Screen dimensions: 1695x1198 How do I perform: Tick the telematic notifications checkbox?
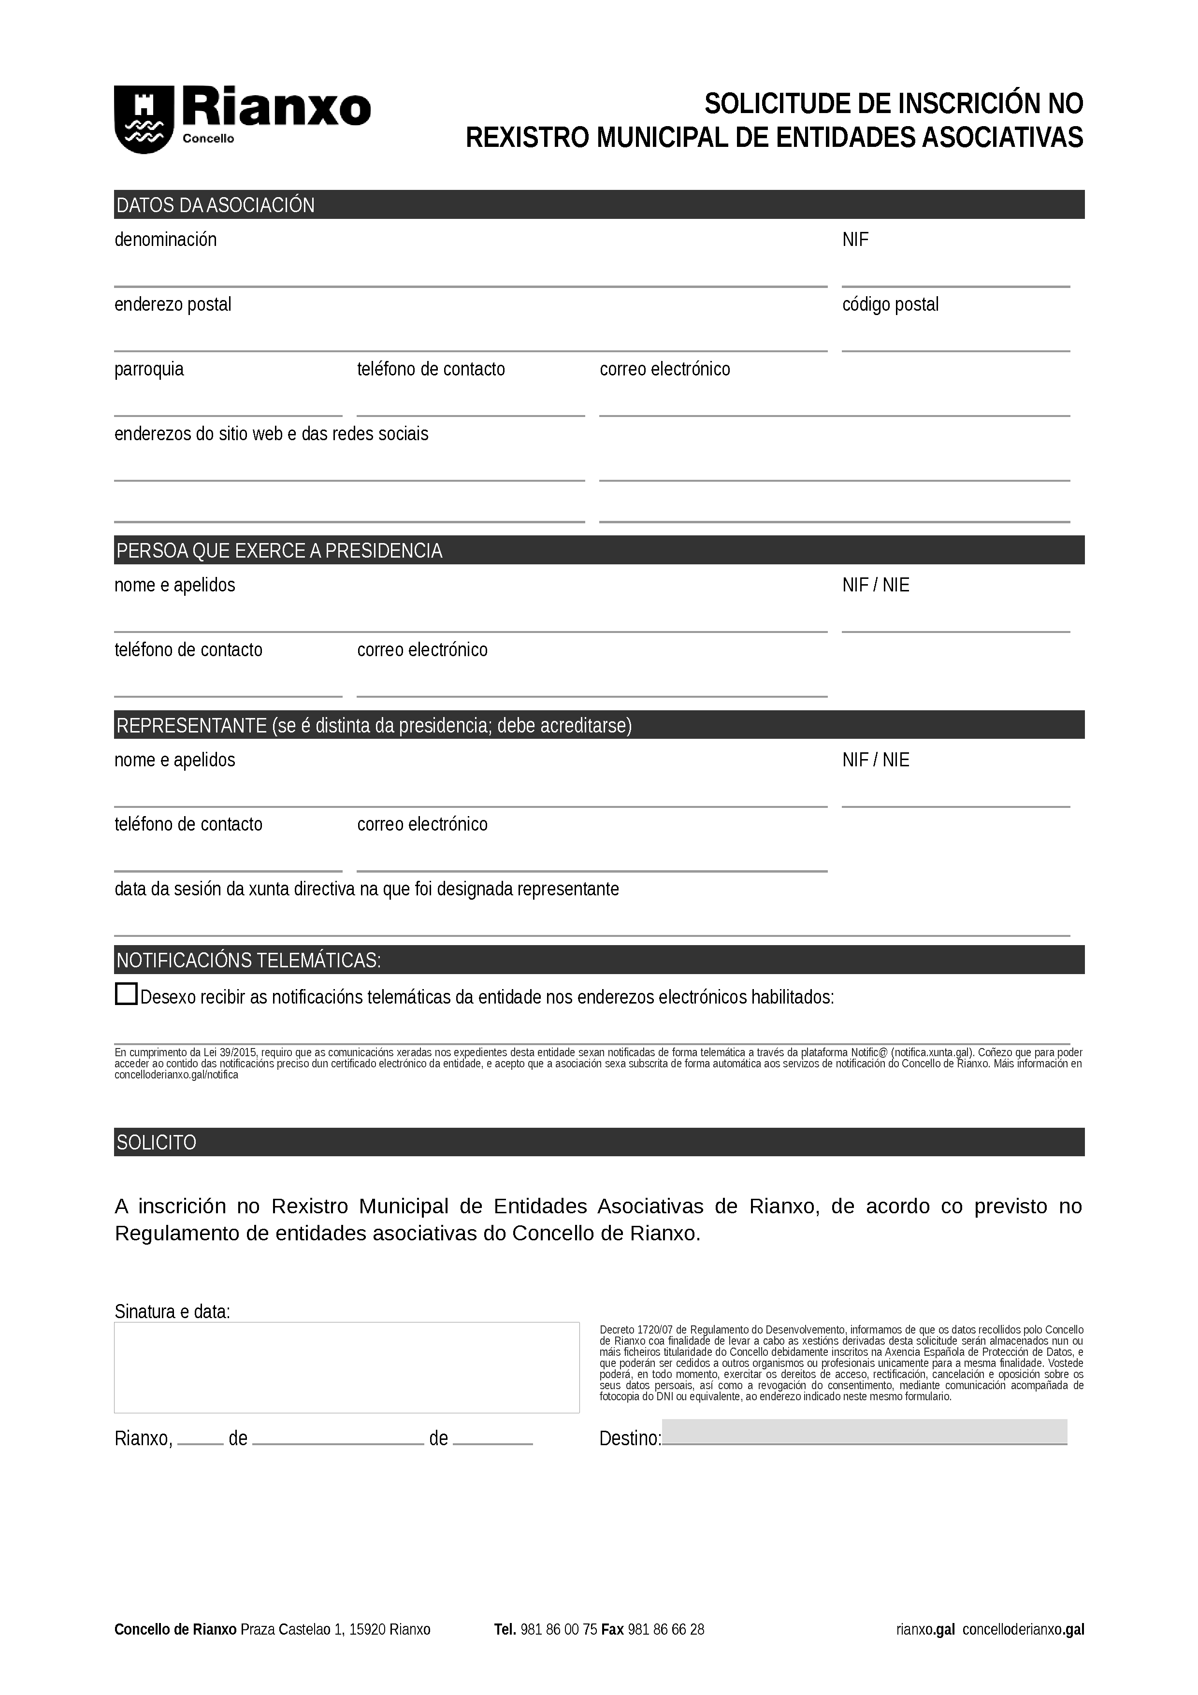[x=126, y=994]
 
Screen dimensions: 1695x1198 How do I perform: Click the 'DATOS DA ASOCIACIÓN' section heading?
[x=216, y=205]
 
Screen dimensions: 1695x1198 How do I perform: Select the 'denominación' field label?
[x=165, y=240]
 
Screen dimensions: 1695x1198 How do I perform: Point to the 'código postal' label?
[x=890, y=305]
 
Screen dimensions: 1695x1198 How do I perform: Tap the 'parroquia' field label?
[x=149, y=369]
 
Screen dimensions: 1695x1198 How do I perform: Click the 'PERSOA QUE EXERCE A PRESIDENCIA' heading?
[x=279, y=551]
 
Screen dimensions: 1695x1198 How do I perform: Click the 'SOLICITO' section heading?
[x=157, y=1143]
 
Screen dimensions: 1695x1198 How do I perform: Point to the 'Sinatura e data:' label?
[x=172, y=1312]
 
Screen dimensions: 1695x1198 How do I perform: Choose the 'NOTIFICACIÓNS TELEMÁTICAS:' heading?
[x=249, y=961]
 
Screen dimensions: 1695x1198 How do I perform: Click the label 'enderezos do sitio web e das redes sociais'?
[x=271, y=434]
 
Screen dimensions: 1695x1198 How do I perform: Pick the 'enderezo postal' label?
[x=173, y=305]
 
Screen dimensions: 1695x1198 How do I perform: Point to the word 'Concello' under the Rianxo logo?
[x=208, y=139]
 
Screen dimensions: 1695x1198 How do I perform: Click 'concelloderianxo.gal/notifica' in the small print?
[x=176, y=1075]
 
